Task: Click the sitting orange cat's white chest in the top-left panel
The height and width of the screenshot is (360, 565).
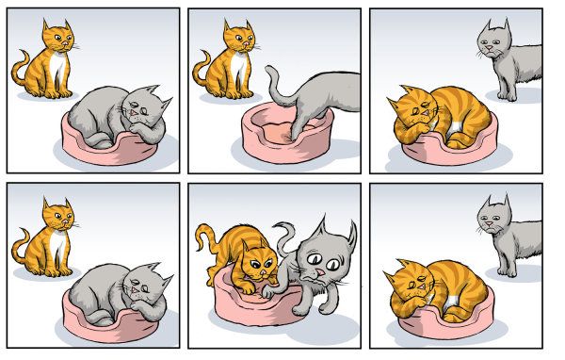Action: tap(58, 68)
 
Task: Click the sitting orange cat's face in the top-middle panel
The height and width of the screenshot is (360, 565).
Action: tap(237, 38)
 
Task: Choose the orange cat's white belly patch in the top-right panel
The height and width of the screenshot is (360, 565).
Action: tap(460, 127)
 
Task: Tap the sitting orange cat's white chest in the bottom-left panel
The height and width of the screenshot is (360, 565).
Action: tap(58, 247)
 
